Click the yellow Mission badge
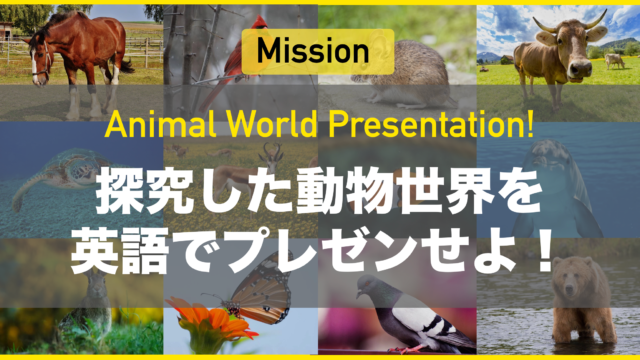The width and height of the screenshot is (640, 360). click(319, 50)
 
